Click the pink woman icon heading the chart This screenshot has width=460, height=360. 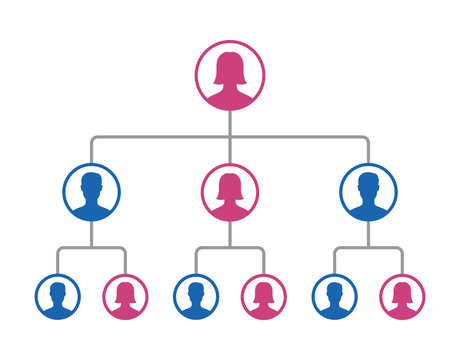pos(230,75)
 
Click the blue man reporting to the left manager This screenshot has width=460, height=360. pos(57,297)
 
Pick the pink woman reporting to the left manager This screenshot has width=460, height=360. pos(126,297)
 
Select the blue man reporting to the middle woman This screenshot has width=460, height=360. pos(195,297)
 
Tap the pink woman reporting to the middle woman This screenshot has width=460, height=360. pos(264,297)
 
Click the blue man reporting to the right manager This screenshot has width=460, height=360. pos(333,297)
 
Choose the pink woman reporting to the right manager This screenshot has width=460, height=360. pos(402,297)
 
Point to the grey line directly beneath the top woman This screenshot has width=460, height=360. pos(230,122)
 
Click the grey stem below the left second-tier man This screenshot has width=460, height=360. pos(91,234)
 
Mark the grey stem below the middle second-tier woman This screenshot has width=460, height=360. pos(230,234)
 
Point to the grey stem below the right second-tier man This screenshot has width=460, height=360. pos(368,234)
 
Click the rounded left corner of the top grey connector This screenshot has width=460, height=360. pos(93,138)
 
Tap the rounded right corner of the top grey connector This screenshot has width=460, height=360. pos(366,138)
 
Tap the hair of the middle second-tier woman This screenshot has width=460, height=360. pos(230,180)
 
